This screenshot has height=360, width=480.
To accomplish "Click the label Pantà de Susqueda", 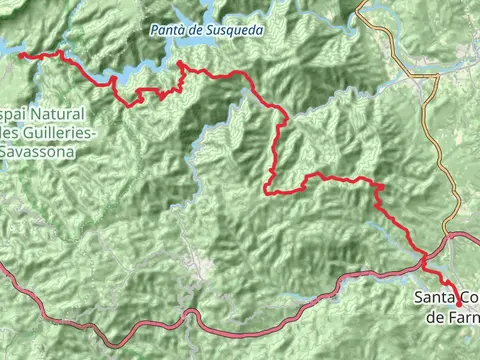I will [207, 31].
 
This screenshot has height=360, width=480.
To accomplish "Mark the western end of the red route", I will [20, 56].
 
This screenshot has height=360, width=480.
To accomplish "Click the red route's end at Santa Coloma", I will [460, 302].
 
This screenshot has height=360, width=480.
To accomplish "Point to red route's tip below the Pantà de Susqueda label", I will [180, 64].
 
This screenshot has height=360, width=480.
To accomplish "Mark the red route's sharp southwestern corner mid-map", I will [267, 191].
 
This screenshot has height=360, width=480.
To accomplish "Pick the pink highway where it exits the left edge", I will [2, 267].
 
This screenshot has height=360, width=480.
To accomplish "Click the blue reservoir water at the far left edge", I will [5, 49].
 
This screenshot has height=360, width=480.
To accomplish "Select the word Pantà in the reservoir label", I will [166, 31].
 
